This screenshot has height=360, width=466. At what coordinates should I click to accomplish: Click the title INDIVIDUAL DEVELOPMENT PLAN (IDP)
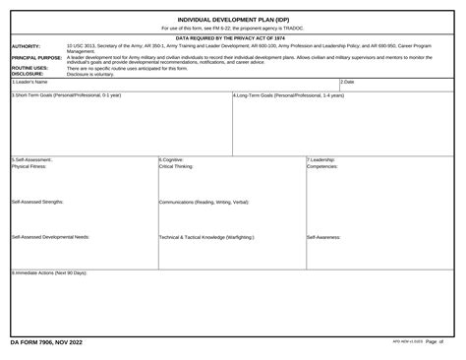[233, 19]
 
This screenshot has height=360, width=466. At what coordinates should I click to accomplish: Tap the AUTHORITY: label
[26, 45]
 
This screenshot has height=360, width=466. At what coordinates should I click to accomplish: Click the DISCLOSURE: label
[28, 74]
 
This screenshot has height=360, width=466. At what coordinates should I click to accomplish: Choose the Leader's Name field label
[30, 82]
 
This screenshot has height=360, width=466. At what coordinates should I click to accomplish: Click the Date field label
[347, 82]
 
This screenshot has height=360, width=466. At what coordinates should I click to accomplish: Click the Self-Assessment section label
[32, 159]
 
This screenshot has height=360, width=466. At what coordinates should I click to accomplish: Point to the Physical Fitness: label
[29, 166]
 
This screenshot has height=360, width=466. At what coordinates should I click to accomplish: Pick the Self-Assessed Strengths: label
[38, 201]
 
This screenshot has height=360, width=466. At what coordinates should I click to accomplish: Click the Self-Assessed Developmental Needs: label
[51, 237]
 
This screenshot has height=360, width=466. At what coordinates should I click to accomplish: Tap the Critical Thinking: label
[177, 166]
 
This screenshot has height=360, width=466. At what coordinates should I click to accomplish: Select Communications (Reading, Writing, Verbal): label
[204, 202]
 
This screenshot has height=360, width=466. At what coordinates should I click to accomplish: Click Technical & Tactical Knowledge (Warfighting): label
[207, 237]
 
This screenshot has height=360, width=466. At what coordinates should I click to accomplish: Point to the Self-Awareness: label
[324, 237]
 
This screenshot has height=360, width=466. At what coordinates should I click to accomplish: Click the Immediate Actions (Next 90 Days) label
[50, 272]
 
